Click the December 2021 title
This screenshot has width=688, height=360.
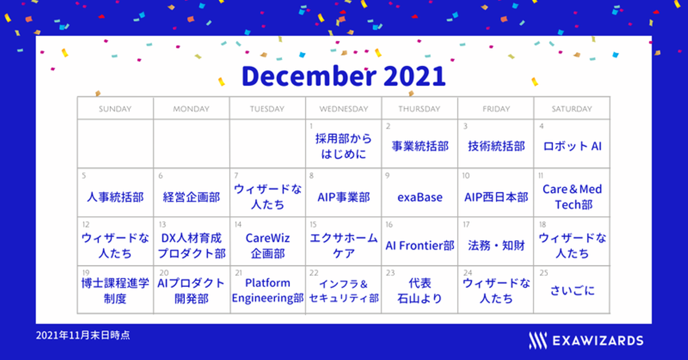pos(344,76)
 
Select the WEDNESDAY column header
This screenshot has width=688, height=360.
pos(344,109)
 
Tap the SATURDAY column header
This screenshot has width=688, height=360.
pos(571,109)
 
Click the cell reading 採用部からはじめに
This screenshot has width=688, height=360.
pos(344,146)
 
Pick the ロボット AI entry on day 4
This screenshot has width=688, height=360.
pos(572,147)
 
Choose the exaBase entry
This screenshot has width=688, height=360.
pos(420,197)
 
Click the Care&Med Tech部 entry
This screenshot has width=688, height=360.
pos(572,197)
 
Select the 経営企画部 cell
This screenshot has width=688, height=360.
pos(191,197)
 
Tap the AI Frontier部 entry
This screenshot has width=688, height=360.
pos(420,245)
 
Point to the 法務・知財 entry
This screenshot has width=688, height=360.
pos(496,245)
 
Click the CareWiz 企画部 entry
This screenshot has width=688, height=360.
pos(268,245)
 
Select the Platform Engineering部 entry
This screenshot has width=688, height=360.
pos(268,290)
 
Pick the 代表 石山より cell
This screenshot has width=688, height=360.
pos(419,290)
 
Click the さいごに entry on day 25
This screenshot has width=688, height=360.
pos(572,290)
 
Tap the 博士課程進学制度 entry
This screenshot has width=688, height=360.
pos(115,290)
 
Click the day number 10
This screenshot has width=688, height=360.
pos(466,176)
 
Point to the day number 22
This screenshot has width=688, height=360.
pos(314,273)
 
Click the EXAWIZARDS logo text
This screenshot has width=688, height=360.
pos(598,341)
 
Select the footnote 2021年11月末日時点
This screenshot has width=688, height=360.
pos(83,335)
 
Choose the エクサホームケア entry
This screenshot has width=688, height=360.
pos(344,245)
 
